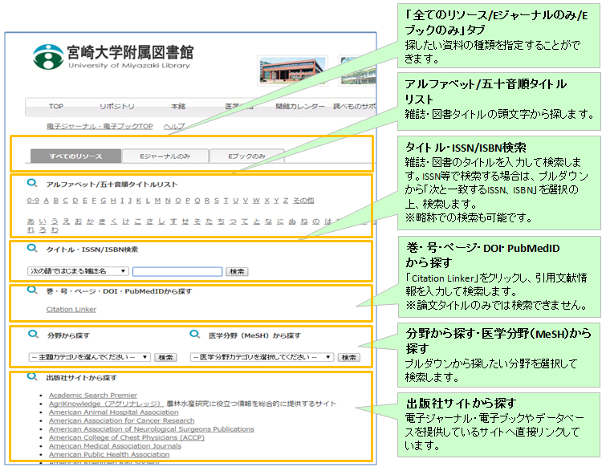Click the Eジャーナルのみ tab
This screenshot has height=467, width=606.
(x=163, y=156)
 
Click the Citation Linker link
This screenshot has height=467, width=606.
(x=71, y=309)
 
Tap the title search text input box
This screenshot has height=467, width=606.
(x=177, y=272)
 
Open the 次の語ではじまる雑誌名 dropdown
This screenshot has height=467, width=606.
(x=78, y=272)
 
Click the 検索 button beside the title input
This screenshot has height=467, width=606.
(x=238, y=272)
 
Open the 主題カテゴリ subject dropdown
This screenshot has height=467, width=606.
(x=89, y=357)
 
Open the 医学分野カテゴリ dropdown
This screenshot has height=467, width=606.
(x=262, y=357)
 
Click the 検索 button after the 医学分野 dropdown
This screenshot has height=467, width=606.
(x=348, y=357)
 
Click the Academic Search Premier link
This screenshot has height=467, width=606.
(x=92, y=395)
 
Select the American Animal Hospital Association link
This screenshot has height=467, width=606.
(x=113, y=412)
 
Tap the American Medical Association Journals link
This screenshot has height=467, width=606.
(x=115, y=446)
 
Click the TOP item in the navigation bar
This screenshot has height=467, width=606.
(x=55, y=107)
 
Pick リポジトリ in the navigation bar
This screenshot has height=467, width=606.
(x=116, y=107)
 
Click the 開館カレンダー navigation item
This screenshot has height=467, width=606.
(x=300, y=107)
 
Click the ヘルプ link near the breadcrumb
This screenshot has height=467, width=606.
(x=173, y=127)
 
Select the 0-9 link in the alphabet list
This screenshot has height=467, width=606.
(x=33, y=201)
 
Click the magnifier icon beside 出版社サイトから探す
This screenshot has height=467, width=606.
(x=33, y=376)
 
